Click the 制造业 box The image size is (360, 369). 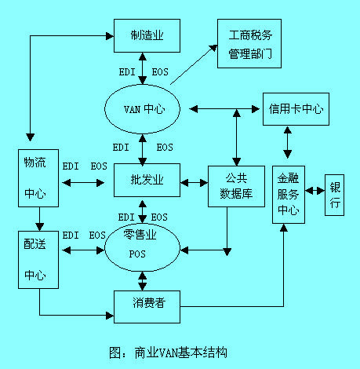pos(147,36)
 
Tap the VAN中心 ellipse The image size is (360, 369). pos(143,107)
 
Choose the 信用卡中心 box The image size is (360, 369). pos(295,108)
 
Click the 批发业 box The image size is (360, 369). pos(147,180)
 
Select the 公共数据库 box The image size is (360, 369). pos(236,185)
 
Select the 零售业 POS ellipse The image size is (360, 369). pos(143,244)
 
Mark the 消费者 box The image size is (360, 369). pos(147,303)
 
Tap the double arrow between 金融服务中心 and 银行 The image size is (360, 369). pos(315,191)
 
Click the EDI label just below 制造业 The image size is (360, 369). pos(127,72)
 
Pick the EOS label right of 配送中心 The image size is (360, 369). pos(98,235)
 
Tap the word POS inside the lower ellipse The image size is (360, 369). pos(138,253)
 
